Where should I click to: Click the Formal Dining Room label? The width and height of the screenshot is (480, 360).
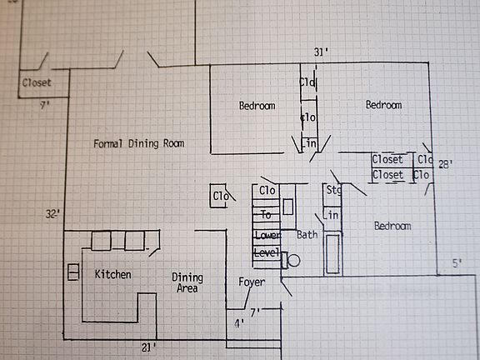tap(138, 143)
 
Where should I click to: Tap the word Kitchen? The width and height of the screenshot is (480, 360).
tap(112, 274)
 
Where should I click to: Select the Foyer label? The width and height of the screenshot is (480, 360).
tap(251, 282)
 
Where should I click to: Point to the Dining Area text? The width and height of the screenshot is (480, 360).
tap(187, 283)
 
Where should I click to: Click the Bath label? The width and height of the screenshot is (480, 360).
tap(307, 235)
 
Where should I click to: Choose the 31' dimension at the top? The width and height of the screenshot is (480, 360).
tap(321, 52)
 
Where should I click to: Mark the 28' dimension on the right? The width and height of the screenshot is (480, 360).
tap(446, 165)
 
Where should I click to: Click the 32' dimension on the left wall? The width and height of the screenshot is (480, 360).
tap(52, 214)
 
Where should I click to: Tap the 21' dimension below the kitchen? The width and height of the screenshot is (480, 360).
tap(148, 346)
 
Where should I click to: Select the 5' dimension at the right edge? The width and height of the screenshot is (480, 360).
tap(457, 263)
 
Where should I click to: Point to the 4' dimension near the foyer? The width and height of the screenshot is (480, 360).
tap(240, 323)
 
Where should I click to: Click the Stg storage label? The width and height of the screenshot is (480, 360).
tap(333, 191)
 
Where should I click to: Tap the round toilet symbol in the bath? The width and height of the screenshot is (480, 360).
tap(292, 260)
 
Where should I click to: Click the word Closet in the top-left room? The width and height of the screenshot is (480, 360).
tap(37, 82)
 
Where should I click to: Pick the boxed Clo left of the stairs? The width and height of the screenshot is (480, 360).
tap(220, 196)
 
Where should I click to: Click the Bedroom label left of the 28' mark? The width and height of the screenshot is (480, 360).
tap(383, 105)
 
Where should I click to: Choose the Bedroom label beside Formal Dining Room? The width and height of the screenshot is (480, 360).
tap(257, 106)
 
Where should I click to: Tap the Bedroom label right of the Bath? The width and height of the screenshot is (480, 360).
tap(392, 226)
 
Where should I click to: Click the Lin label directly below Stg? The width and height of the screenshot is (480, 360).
tap(331, 216)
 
